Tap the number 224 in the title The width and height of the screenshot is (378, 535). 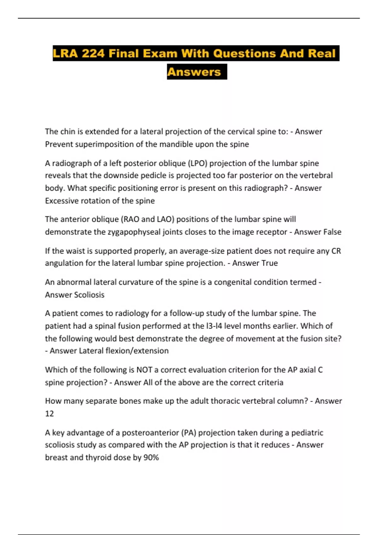pyautogui.click(x=93, y=53)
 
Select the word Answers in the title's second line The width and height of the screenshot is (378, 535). pyautogui.click(x=194, y=72)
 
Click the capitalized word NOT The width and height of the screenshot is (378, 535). pyautogui.click(x=144, y=370)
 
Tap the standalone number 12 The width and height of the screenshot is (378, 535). pyautogui.click(x=49, y=414)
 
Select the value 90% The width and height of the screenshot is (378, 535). pyautogui.click(x=151, y=458)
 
